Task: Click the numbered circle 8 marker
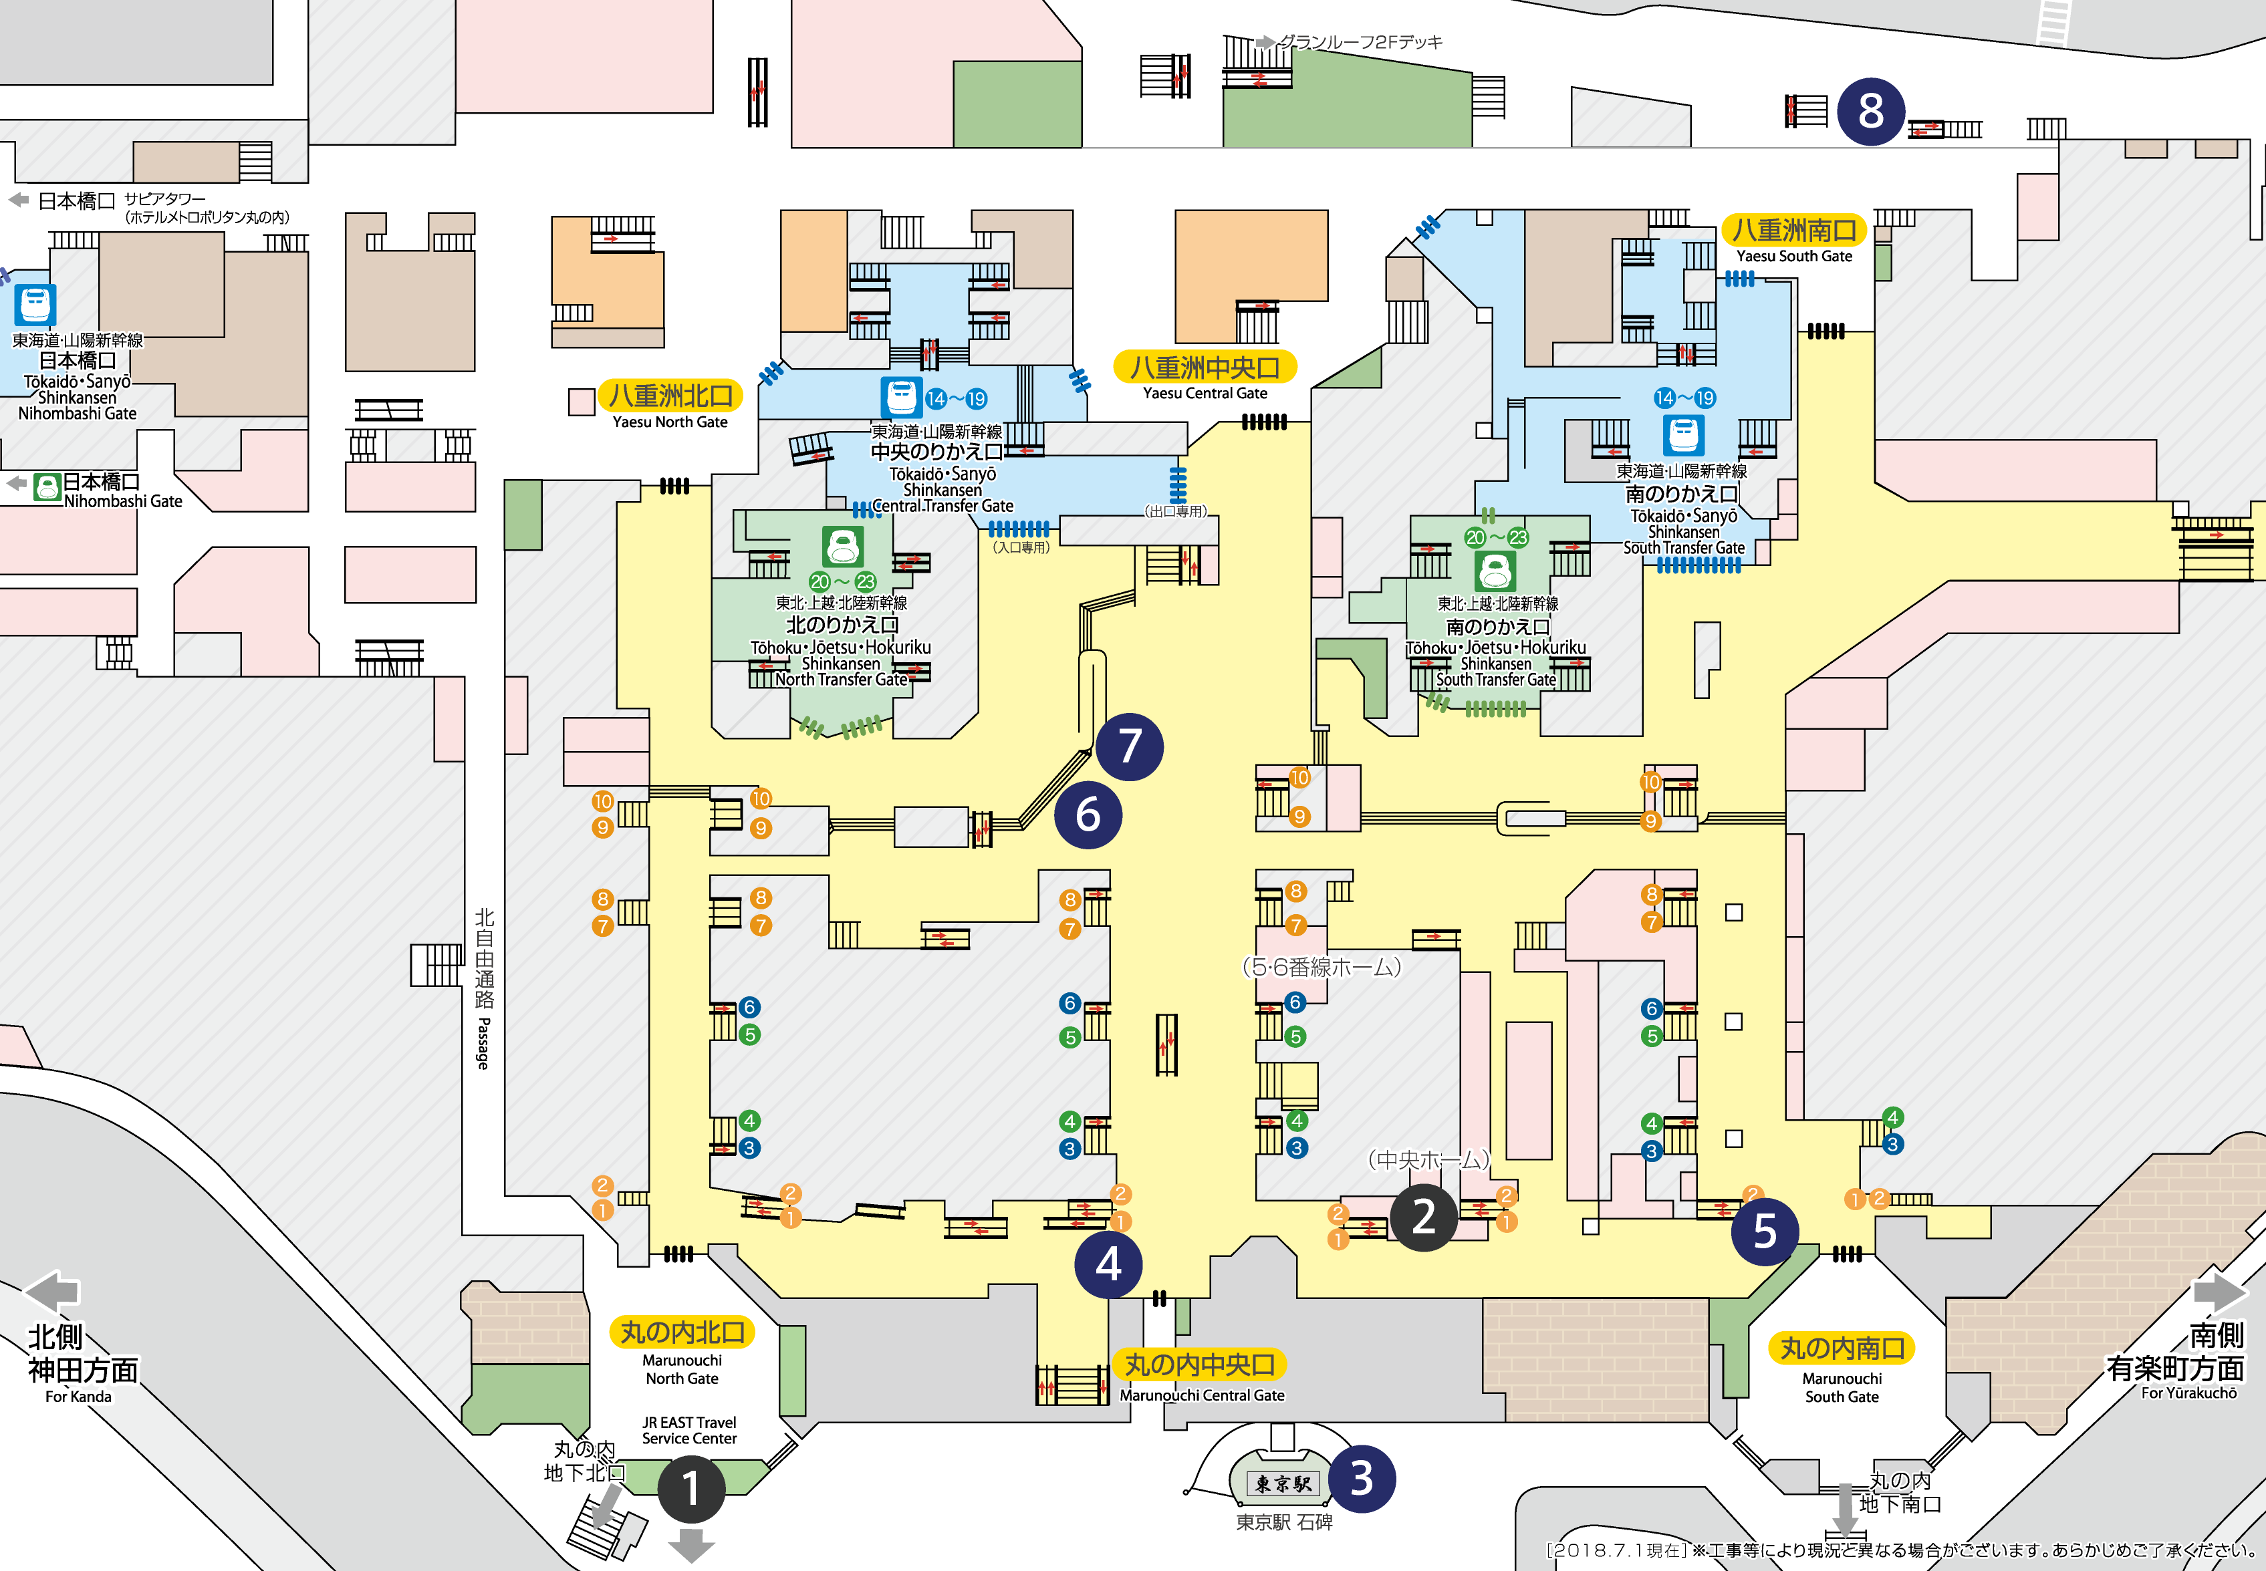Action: pos(1870,111)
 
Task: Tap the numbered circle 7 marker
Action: pos(1129,746)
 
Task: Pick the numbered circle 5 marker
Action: pos(1764,1232)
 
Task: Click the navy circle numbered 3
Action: pos(1362,1479)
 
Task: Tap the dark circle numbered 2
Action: pos(1423,1218)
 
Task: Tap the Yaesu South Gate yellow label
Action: pos(1793,231)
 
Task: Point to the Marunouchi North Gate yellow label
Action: pos(682,1332)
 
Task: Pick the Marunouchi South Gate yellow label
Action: pos(1842,1348)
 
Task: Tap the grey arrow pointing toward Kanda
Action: pos(52,1290)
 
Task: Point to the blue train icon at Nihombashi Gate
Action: pos(35,304)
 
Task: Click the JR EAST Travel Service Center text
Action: pos(689,1430)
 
